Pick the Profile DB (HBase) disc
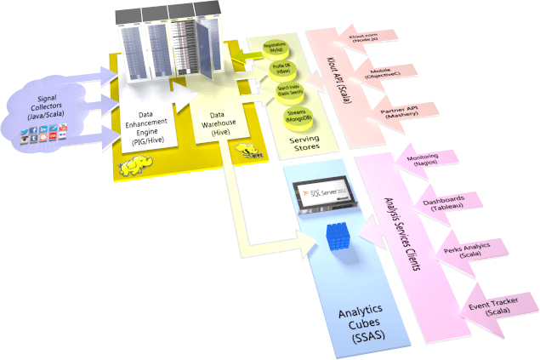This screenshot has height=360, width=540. (x=283, y=71)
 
